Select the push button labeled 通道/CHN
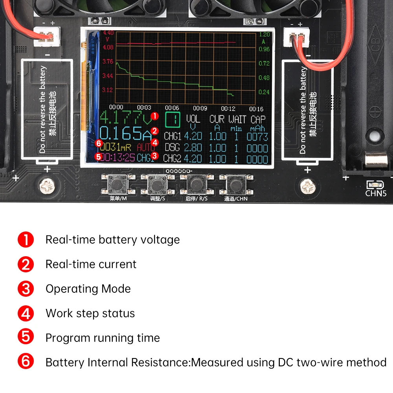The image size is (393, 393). (x=235, y=184)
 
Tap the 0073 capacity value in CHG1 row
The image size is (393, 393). (x=257, y=137)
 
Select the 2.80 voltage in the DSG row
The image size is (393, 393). (x=193, y=148)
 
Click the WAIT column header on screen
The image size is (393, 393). (x=237, y=119)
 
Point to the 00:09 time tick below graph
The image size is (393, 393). (x=200, y=108)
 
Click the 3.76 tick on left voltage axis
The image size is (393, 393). (x=107, y=62)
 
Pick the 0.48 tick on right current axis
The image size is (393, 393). (x=264, y=78)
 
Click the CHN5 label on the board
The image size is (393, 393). (x=376, y=193)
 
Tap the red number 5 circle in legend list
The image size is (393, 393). (x=26, y=338)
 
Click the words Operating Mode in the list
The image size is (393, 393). (x=88, y=289)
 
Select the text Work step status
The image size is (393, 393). (x=90, y=313)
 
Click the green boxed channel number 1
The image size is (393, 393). (x=172, y=119)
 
